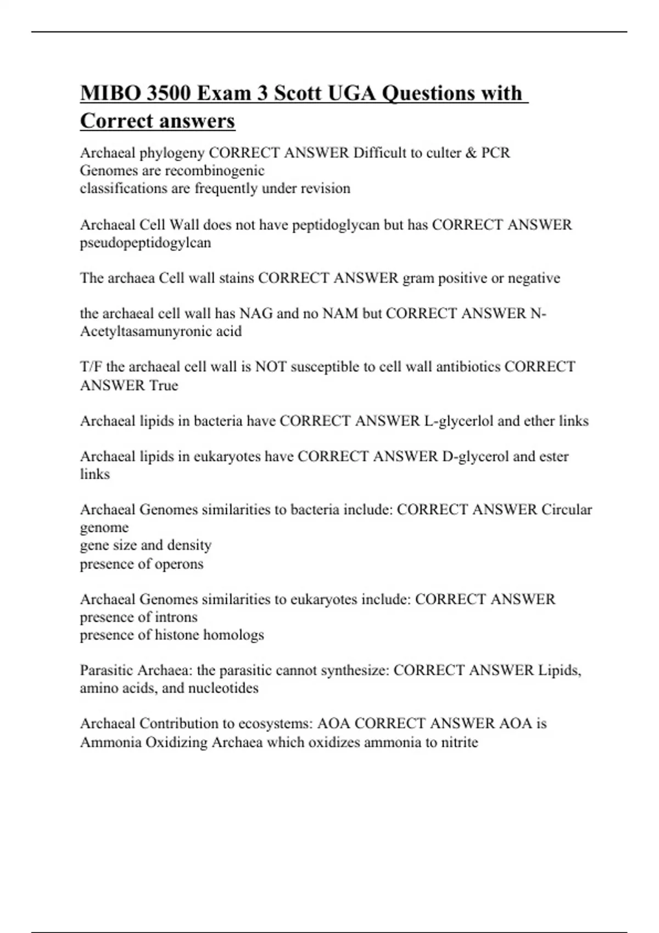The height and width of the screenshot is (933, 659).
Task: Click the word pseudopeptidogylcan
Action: point(146,243)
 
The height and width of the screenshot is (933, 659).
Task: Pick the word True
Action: point(164,385)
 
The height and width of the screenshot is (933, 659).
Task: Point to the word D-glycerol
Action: point(475,457)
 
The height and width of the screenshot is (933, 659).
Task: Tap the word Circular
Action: point(567,510)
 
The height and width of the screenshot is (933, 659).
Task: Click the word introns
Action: point(176,617)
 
